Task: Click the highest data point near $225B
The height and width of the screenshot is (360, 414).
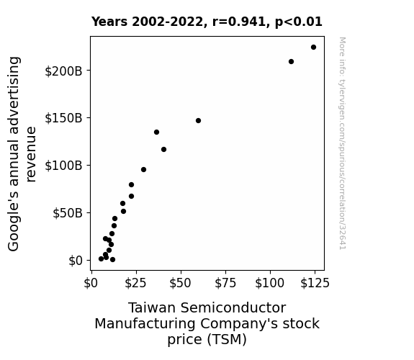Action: click(x=313, y=48)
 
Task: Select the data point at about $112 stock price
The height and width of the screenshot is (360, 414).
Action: click(x=291, y=61)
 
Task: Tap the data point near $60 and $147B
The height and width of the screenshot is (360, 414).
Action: click(x=198, y=121)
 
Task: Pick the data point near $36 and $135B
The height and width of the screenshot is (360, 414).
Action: click(x=156, y=132)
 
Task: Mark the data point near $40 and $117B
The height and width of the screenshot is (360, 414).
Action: click(x=163, y=150)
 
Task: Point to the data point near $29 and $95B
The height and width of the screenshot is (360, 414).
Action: click(x=143, y=170)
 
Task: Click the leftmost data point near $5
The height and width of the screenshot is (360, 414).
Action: click(x=101, y=259)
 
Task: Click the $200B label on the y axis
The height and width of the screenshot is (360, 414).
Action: click(x=63, y=71)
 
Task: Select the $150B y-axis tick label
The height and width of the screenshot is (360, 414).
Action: click(x=63, y=118)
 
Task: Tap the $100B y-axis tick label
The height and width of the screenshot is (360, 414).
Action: click(x=63, y=166)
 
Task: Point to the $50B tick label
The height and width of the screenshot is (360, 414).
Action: click(x=68, y=213)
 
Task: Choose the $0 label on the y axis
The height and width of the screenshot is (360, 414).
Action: click(x=76, y=261)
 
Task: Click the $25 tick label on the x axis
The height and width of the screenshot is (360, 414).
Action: click(x=135, y=283)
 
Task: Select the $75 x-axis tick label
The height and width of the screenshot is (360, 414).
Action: click(x=225, y=283)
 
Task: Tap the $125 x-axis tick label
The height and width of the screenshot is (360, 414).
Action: click(x=315, y=283)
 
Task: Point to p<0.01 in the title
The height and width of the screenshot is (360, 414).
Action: click(x=299, y=22)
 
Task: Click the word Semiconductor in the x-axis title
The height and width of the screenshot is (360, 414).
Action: click(x=233, y=308)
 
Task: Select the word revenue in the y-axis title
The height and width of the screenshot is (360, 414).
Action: click(x=31, y=155)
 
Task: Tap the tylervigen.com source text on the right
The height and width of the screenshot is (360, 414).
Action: click(x=342, y=143)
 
